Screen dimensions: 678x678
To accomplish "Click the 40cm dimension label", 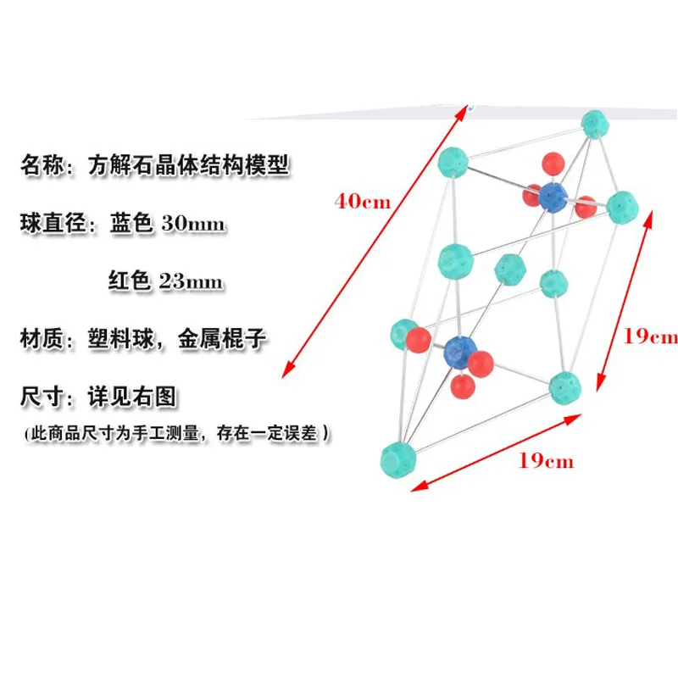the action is pyautogui.click(x=363, y=202).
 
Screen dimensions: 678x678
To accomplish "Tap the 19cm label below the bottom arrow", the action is pyautogui.click(x=546, y=460).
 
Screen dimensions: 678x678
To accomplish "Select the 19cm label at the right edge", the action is pyautogui.click(x=651, y=336).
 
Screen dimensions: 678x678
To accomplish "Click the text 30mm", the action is pyautogui.click(x=193, y=224).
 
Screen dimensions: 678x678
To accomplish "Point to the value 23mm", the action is pyautogui.click(x=192, y=281).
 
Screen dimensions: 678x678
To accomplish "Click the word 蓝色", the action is pyautogui.click(x=131, y=223).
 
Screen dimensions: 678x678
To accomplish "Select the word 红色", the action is pyautogui.click(x=130, y=281).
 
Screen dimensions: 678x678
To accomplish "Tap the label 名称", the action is pyautogui.click(x=42, y=165).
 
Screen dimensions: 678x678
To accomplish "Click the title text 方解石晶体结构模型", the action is pyautogui.click(x=188, y=165).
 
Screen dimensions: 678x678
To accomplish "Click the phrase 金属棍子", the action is pyautogui.click(x=222, y=338).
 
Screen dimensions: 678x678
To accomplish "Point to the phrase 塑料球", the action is pyautogui.click(x=121, y=338).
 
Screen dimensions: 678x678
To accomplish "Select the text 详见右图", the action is pyautogui.click(x=132, y=397).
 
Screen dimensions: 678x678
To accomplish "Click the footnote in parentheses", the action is pyautogui.click(x=177, y=433).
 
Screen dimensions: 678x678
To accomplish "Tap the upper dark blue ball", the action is pyautogui.click(x=553, y=197).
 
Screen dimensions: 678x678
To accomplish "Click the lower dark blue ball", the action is pyautogui.click(x=460, y=352).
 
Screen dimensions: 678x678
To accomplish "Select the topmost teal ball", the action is pyautogui.click(x=595, y=124).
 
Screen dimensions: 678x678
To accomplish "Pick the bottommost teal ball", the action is pyautogui.click(x=398, y=460).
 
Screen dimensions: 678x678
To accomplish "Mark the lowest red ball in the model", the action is pyautogui.click(x=463, y=386).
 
